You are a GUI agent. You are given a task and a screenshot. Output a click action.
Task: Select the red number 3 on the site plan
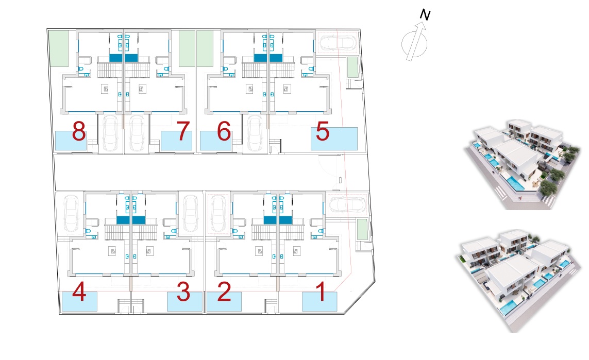pyautogui.click(x=183, y=292)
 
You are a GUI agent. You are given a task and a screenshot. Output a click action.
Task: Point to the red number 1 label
pyautogui.click(x=321, y=292)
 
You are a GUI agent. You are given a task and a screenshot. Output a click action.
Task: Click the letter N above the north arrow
pyautogui.click(x=425, y=14)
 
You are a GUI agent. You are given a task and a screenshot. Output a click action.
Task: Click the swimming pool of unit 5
pyautogui.click(x=334, y=139)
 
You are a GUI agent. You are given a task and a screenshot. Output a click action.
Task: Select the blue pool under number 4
pyautogui.click(x=79, y=301)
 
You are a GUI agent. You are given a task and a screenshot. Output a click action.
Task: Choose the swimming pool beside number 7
pyautogui.click(x=177, y=141)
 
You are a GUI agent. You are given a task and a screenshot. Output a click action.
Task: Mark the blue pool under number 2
pyautogui.click(x=224, y=301)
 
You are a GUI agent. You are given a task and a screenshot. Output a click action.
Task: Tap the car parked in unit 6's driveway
pyautogui.click(x=255, y=133)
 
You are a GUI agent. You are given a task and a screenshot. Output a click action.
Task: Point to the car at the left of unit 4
pyautogui.click(x=72, y=214)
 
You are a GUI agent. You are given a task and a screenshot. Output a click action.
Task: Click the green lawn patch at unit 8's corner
pyautogui.click(x=59, y=49)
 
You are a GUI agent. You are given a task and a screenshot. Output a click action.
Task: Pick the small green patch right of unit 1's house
pyautogui.click(x=362, y=229)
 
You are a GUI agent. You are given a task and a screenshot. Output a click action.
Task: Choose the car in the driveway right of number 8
pyautogui.click(x=110, y=133)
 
